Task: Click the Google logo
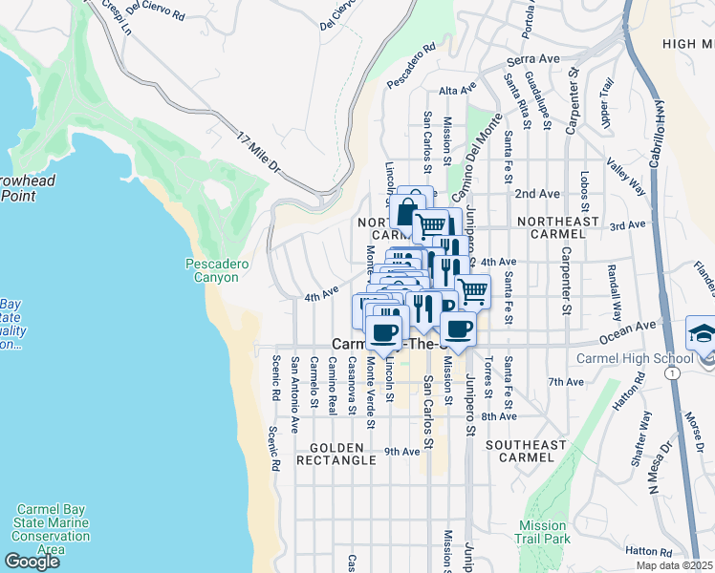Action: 32,562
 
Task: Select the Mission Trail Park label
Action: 544,532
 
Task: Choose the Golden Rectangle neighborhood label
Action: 335,454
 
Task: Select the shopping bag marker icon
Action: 407,209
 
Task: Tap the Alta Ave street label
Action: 457,90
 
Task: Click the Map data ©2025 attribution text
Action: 674,565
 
